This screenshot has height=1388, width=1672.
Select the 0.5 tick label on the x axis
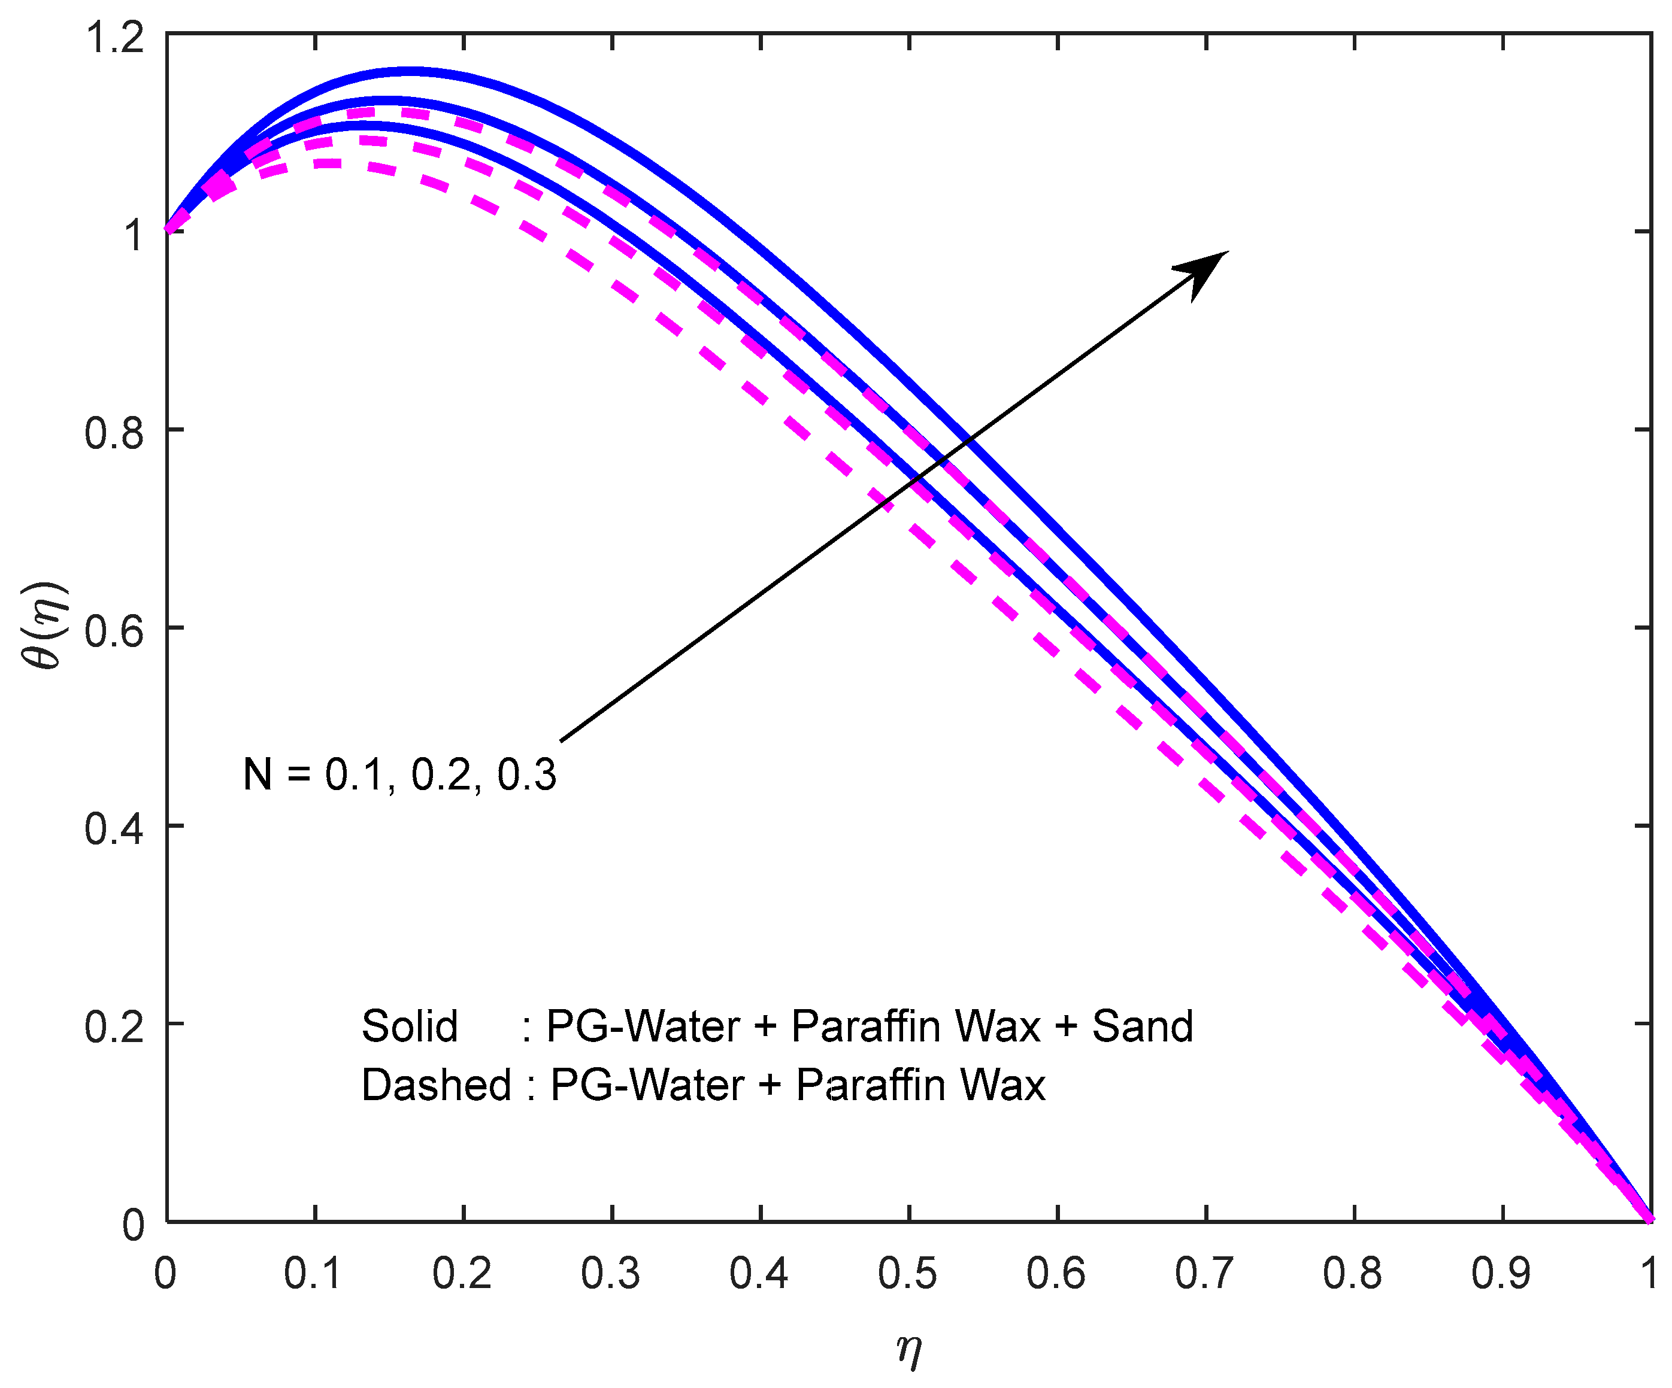click(908, 1274)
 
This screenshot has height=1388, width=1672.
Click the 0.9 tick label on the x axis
click(1501, 1274)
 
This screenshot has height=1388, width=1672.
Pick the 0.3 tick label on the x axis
click(611, 1274)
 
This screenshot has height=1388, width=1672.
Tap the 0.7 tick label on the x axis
click(1205, 1274)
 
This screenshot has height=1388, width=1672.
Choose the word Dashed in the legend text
click(435, 1085)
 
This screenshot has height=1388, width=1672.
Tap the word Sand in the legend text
click(1143, 1026)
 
